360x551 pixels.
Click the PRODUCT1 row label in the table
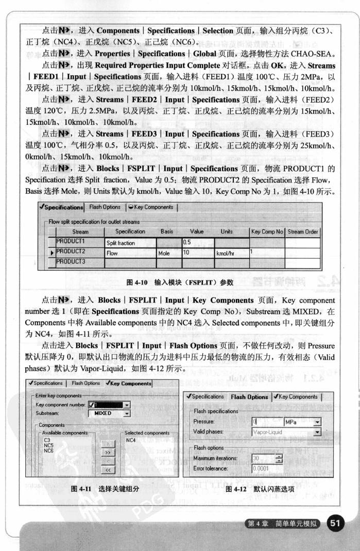point(71,241)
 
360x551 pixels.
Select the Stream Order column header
point(303,232)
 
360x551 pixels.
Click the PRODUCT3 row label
point(71,262)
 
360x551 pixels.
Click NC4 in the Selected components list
point(131,441)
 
